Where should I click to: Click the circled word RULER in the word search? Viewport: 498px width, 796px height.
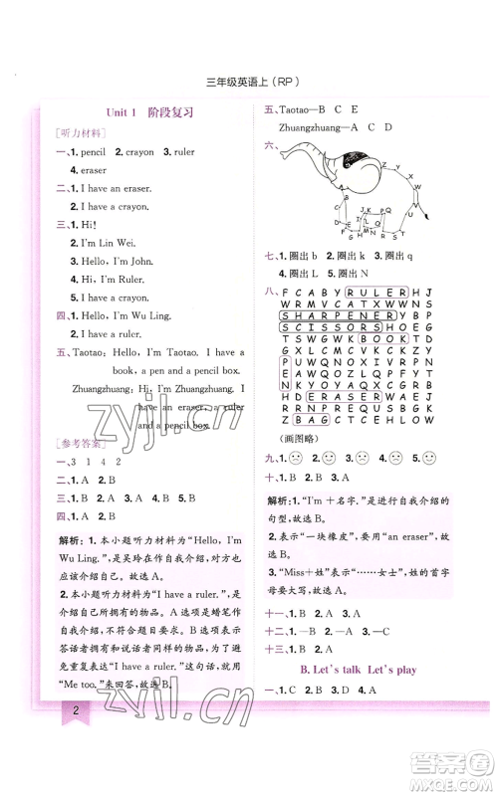pyautogui.click(x=376, y=293)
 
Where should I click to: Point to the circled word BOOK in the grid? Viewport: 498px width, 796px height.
pyautogui.click(x=383, y=339)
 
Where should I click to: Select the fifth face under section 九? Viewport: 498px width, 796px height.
pyautogui.click(x=429, y=459)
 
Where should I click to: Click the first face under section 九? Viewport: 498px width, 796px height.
pyautogui.click(x=296, y=459)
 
